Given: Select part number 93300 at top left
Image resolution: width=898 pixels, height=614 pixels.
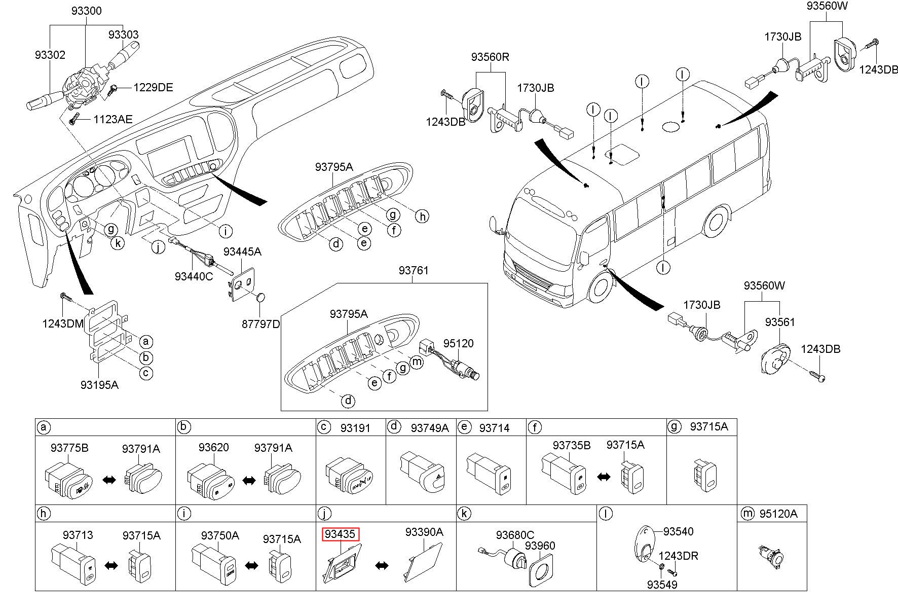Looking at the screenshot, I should tap(86, 11).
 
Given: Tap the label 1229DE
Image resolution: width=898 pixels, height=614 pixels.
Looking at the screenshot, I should tap(153, 88).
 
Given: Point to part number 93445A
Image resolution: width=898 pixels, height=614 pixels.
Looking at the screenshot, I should tap(242, 252).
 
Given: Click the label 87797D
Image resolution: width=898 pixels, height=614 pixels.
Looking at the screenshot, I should tap(260, 323).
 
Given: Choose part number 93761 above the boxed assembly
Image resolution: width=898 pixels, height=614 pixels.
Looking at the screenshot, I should tap(413, 270).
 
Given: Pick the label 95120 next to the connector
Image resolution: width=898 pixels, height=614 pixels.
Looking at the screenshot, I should tap(458, 343).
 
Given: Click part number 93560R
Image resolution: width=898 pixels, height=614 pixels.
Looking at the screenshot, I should tap(490, 57).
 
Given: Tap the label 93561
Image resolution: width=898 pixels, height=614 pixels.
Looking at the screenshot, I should tap(780, 322).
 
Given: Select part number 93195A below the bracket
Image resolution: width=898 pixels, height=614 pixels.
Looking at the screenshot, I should tap(99, 385).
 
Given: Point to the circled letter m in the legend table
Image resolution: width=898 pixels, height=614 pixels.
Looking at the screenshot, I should tap(747, 514).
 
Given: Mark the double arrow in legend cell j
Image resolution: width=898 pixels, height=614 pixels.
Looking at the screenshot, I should tap(382, 565).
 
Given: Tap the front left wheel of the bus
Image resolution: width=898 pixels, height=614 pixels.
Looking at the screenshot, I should tap(601, 287).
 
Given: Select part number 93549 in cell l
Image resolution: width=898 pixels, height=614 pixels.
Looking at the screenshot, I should tap(662, 585).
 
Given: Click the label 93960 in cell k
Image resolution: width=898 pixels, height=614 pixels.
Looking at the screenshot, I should tap(540, 546).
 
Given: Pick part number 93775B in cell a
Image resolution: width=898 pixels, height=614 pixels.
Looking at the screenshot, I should tap(69, 448).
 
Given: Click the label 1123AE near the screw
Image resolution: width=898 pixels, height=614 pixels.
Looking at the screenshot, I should tap(113, 120).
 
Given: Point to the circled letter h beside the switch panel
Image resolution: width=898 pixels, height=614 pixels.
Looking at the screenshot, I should tap(422, 216).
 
